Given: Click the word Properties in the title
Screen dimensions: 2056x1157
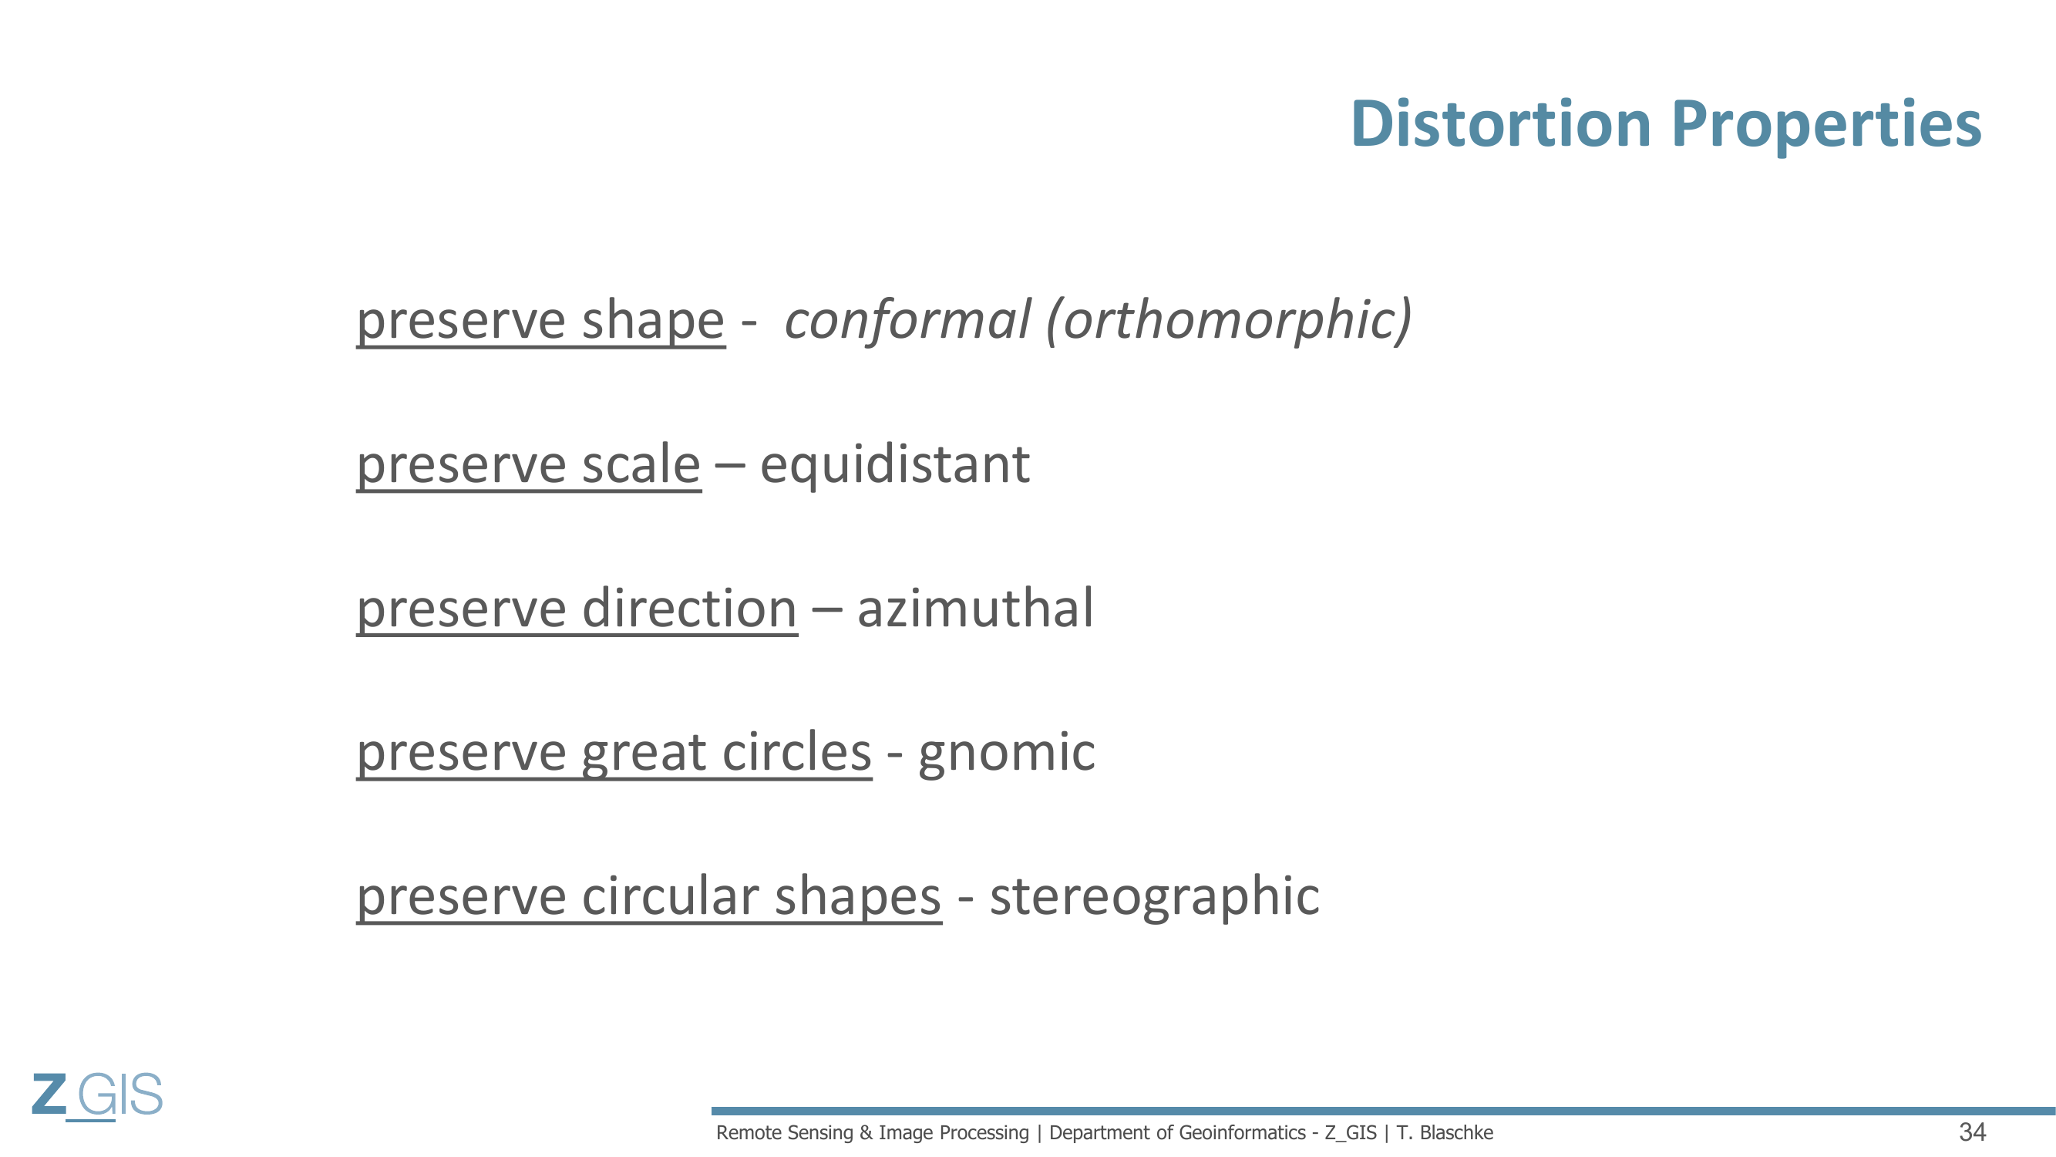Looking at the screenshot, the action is click(x=1826, y=126).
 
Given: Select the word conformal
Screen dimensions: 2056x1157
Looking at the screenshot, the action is click(x=907, y=319).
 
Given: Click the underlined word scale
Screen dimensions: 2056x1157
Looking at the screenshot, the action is click(x=641, y=464).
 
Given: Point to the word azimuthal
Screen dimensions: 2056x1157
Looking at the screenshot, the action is click(x=974, y=609).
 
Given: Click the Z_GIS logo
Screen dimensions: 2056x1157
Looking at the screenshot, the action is click(x=97, y=1095).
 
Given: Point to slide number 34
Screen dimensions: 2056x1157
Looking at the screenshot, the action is click(x=1972, y=1132).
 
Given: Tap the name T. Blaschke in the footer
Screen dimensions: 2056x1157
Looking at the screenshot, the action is click(x=1445, y=1133).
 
